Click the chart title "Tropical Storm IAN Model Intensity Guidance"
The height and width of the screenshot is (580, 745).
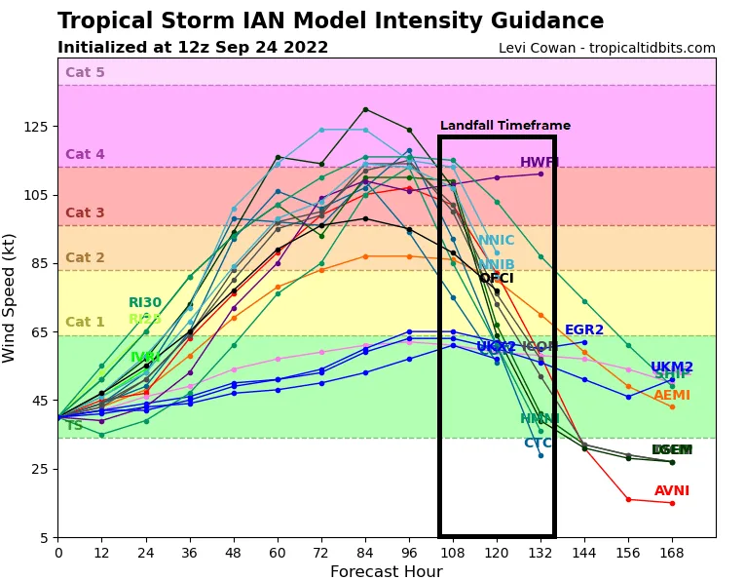coord(330,21)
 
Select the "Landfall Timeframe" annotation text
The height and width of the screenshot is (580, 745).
coord(504,126)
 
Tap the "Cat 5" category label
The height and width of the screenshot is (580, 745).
coord(85,72)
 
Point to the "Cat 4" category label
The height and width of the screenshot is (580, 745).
coord(85,154)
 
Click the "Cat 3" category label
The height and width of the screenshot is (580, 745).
coord(85,213)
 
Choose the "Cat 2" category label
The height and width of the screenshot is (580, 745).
coord(85,257)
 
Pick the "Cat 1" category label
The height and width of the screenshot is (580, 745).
coord(85,322)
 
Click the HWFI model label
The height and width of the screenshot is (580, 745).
coord(540,163)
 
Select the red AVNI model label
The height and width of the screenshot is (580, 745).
coord(672,491)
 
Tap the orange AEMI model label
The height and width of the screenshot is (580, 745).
coord(672,396)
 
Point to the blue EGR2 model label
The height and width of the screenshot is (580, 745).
coord(584,330)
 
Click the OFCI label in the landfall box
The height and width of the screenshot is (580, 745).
coord(496,279)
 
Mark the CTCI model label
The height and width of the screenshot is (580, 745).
coord(538,444)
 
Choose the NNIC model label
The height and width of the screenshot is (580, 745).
coord(496,241)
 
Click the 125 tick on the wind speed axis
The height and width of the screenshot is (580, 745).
coord(36,127)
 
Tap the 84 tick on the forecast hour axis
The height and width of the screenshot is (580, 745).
coord(365,553)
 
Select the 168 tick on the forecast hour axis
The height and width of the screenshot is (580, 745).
coord(672,553)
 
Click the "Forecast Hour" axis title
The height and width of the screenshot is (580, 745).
coord(386,572)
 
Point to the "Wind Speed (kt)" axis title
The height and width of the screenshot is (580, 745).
coord(10,297)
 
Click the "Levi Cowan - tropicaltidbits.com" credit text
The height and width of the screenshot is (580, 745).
coord(607,48)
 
